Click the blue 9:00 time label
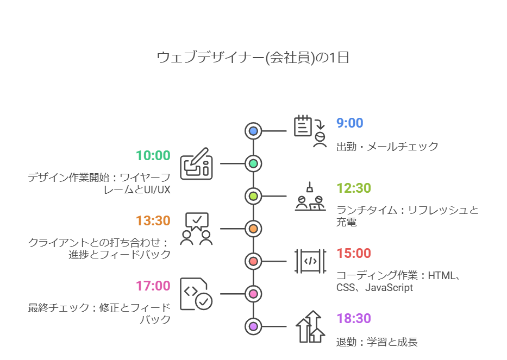click(349, 123)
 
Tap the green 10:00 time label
click(153, 155)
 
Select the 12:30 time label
click(354, 188)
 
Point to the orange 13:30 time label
click(153, 220)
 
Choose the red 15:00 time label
click(354, 254)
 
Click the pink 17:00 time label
click(153, 286)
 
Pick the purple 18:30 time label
click(354, 319)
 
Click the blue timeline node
click(253, 131)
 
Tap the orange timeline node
click(253, 229)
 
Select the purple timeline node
click(253, 326)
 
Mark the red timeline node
click(253, 261)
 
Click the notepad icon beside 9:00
click(303, 126)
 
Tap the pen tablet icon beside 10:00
click(196, 164)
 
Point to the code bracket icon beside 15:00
click(310, 261)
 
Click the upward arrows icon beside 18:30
click(310, 326)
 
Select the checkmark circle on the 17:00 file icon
click(204, 301)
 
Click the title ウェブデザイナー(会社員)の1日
click(253, 58)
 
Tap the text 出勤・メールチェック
click(387, 147)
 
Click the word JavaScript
click(389, 288)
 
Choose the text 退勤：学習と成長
click(377, 342)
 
